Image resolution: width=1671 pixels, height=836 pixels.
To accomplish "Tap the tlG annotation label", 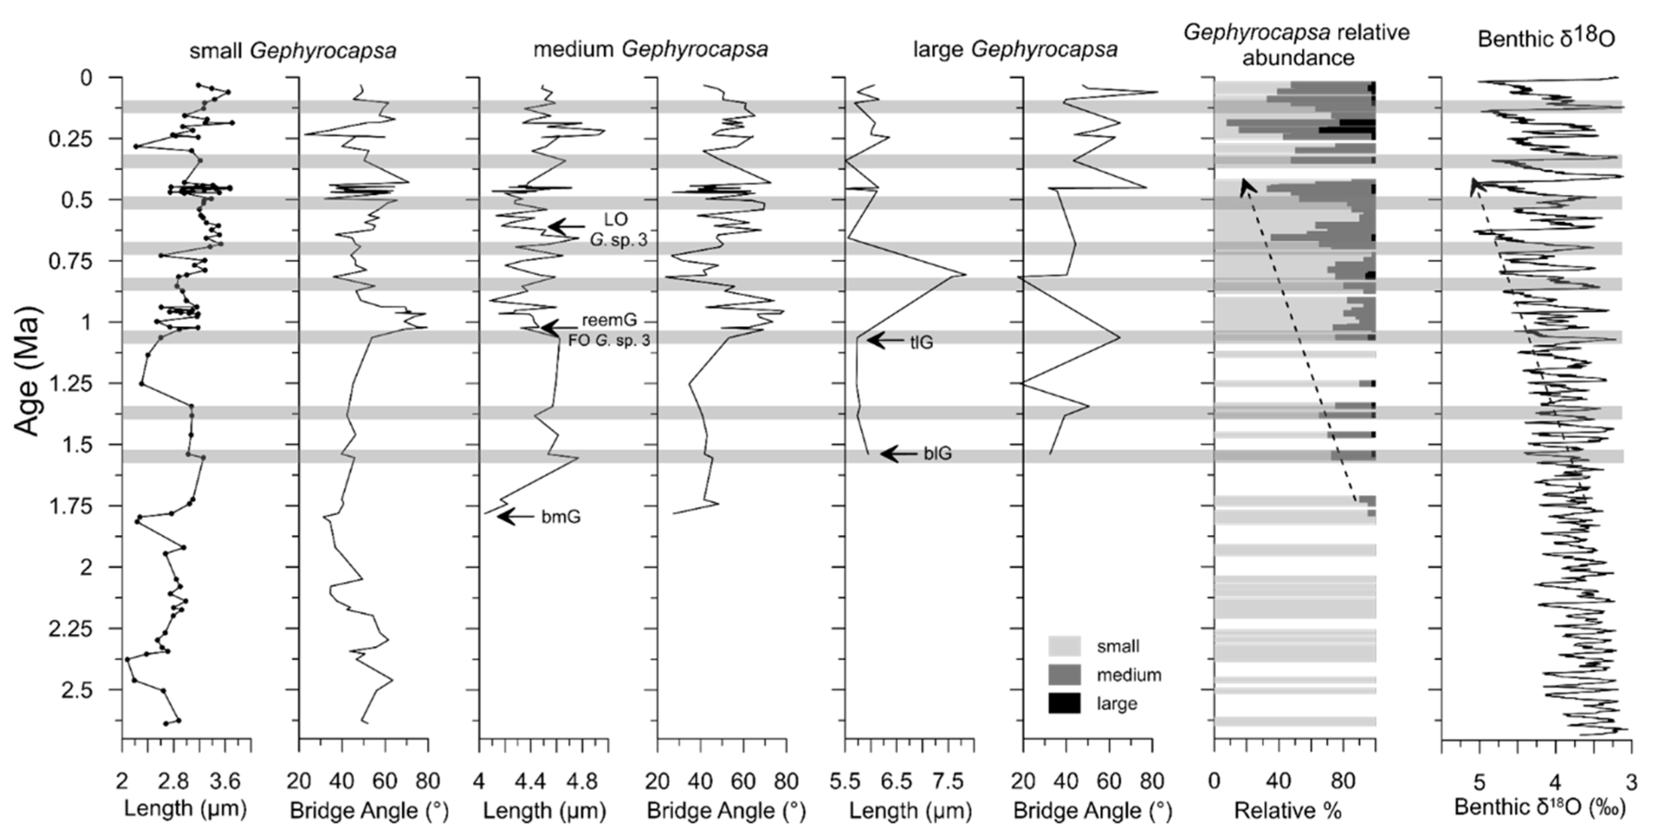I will click(x=921, y=342).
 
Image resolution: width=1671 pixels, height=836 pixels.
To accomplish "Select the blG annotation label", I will click(x=937, y=454).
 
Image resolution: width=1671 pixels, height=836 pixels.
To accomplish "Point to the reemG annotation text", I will click(x=609, y=320).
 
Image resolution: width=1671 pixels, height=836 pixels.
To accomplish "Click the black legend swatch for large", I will click(x=1064, y=703).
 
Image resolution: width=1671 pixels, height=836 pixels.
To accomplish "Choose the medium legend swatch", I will click(x=1064, y=675).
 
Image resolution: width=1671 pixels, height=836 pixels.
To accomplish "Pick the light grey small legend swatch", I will click(x=1064, y=646).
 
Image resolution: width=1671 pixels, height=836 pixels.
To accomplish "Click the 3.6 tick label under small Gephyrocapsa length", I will click(x=224, y=781).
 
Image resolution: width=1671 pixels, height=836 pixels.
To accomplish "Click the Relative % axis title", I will click(x=1288, y=811).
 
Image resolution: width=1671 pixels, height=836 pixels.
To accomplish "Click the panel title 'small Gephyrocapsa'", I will click(x=293, y=50).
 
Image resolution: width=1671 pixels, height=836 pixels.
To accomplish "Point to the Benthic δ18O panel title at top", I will click(x=1547, y=39).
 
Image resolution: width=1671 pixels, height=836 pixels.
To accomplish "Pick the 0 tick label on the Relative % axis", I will click(x=1214, y=781).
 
